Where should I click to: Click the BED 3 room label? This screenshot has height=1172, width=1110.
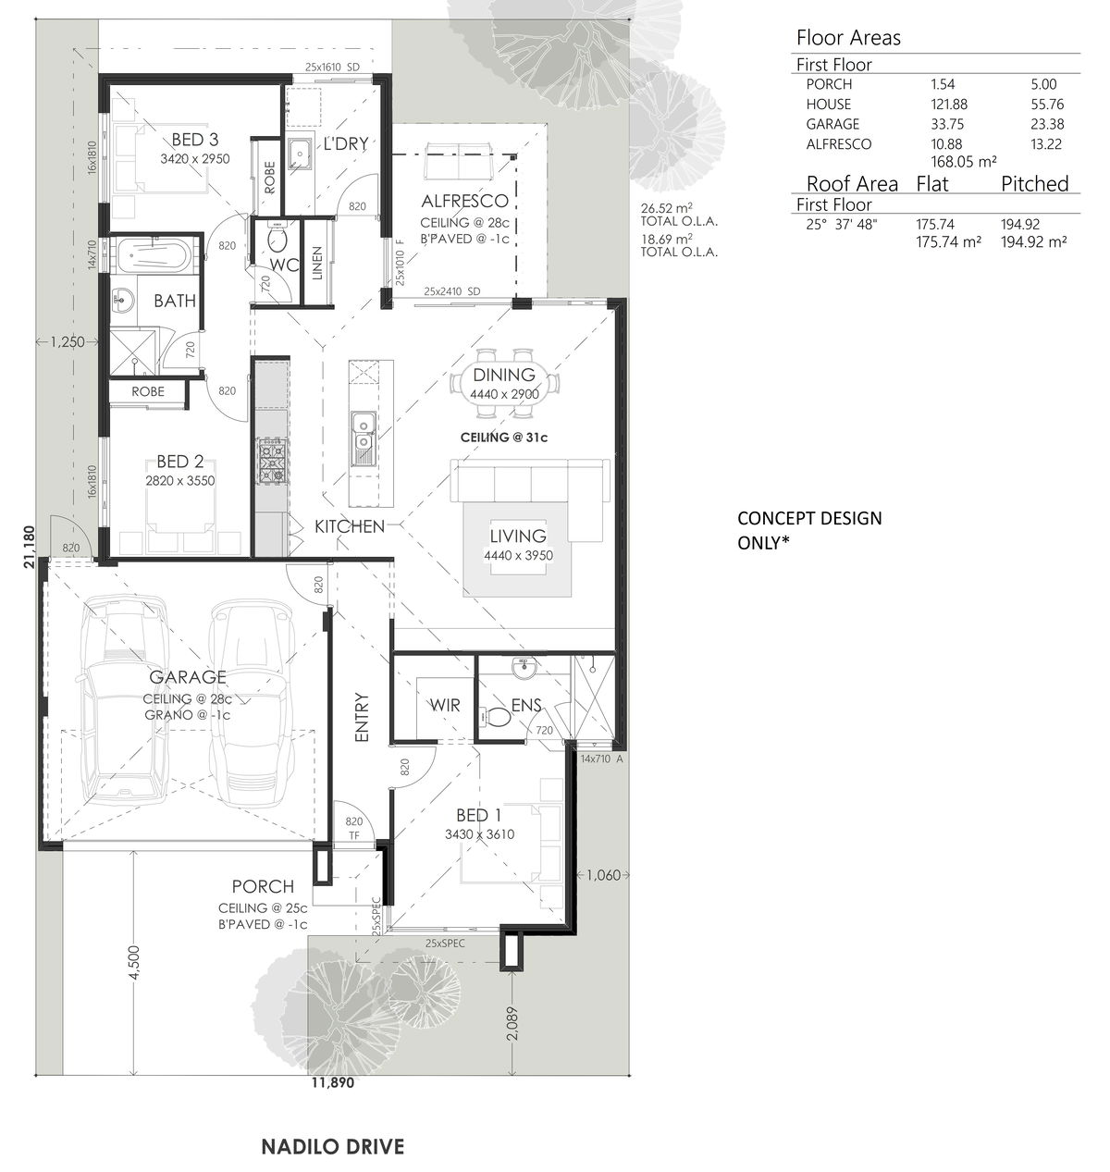[195, 140]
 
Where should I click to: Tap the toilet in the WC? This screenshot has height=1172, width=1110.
[277, 237]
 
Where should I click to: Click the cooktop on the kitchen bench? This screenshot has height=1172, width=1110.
[272, 461]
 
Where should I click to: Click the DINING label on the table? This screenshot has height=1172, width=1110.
[504, 375]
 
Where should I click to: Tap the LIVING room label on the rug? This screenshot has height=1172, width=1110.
[518, 536]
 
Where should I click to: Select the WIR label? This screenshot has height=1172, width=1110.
[445, 705]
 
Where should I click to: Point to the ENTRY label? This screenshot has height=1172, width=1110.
[362, 717]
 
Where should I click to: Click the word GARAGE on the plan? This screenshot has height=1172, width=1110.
[187, 677]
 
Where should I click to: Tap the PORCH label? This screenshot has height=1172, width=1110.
[263, 886]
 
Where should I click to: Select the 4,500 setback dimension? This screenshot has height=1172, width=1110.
[133, 962]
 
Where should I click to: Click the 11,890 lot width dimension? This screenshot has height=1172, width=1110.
[333, 1082]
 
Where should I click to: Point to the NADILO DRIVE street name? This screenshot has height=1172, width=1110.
[333, 1146]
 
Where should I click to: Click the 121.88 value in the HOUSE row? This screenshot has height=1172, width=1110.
[949, 105]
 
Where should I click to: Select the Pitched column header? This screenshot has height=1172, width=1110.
[1034, 183]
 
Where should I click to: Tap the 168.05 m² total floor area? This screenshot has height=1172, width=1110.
[964, 162]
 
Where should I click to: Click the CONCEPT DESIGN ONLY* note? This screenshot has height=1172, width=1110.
[809, 531]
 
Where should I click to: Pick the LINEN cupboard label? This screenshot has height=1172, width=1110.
[317, 263]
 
